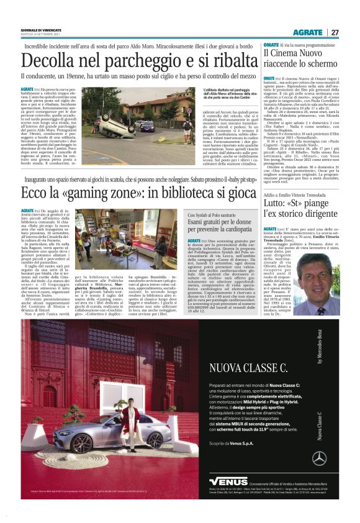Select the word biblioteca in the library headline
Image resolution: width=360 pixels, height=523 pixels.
(x=192, y=194)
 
